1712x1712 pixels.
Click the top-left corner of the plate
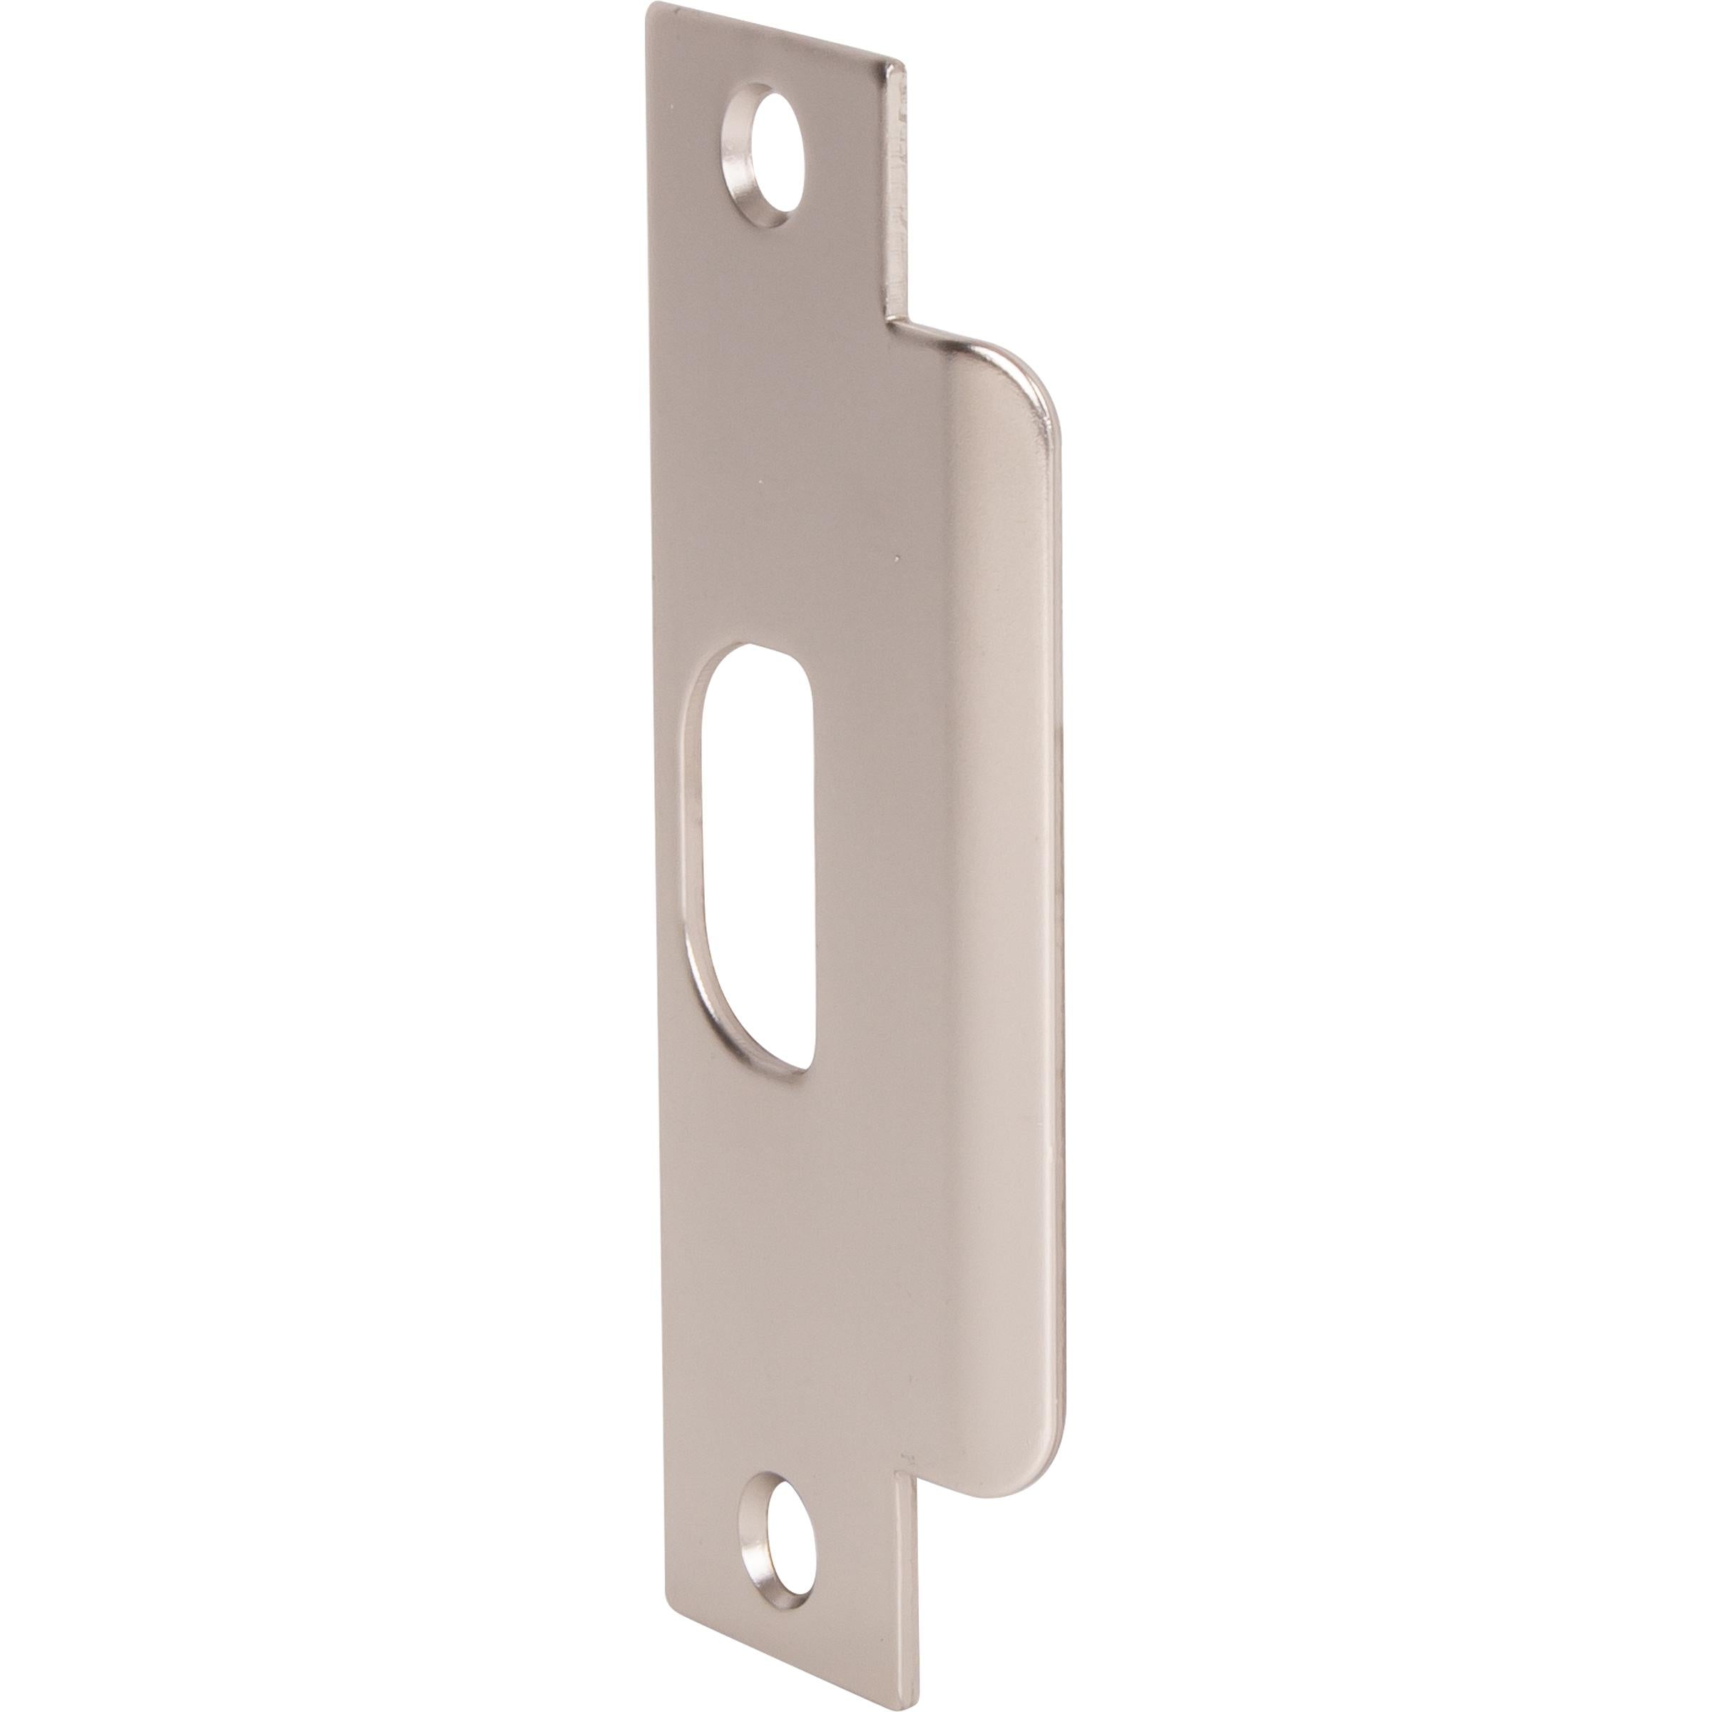point(650,7)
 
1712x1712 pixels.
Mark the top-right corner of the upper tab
point(904,63)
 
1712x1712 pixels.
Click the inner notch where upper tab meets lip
point(888,319)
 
